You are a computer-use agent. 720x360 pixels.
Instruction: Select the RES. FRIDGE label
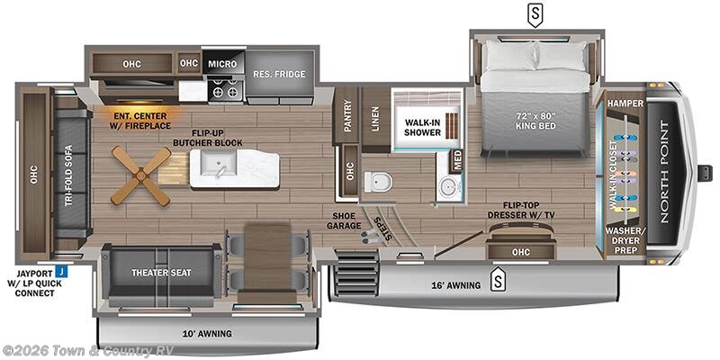(x=278, y=74)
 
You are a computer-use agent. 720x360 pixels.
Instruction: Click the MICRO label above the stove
(x=221, y=64)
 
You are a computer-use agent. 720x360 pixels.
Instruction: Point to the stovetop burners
(x=223, y=90)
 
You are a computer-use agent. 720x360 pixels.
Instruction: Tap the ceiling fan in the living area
(x=141, y=175)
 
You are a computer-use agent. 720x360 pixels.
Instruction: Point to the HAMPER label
(x=625, y=103)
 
